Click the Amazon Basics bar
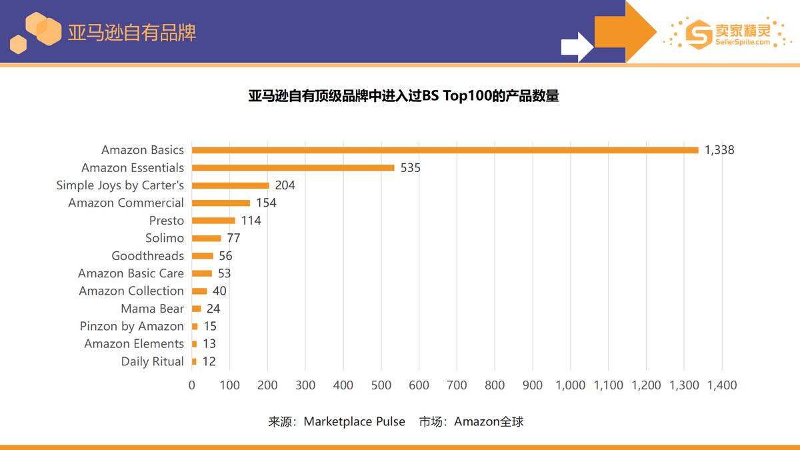coord(445,150)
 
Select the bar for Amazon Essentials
coord(293,168)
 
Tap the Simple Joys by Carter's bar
coord(231,185)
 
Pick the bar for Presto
coord(213,221)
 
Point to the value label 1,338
coord(719,150)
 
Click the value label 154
coord(266,203)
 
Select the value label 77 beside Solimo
coord(233,238)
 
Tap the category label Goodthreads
coord(147,256)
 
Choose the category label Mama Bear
coord(152,309)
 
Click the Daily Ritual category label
coord(152,361)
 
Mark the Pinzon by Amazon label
coord(131,326)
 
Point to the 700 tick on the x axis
coord(457,385)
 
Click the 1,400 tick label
coord(721,385)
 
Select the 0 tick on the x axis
coord(192,385)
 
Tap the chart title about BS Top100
coord(403,96)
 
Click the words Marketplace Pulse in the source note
coord(354,421)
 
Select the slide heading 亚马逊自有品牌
coord(131,32)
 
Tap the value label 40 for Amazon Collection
coord(219,291)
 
